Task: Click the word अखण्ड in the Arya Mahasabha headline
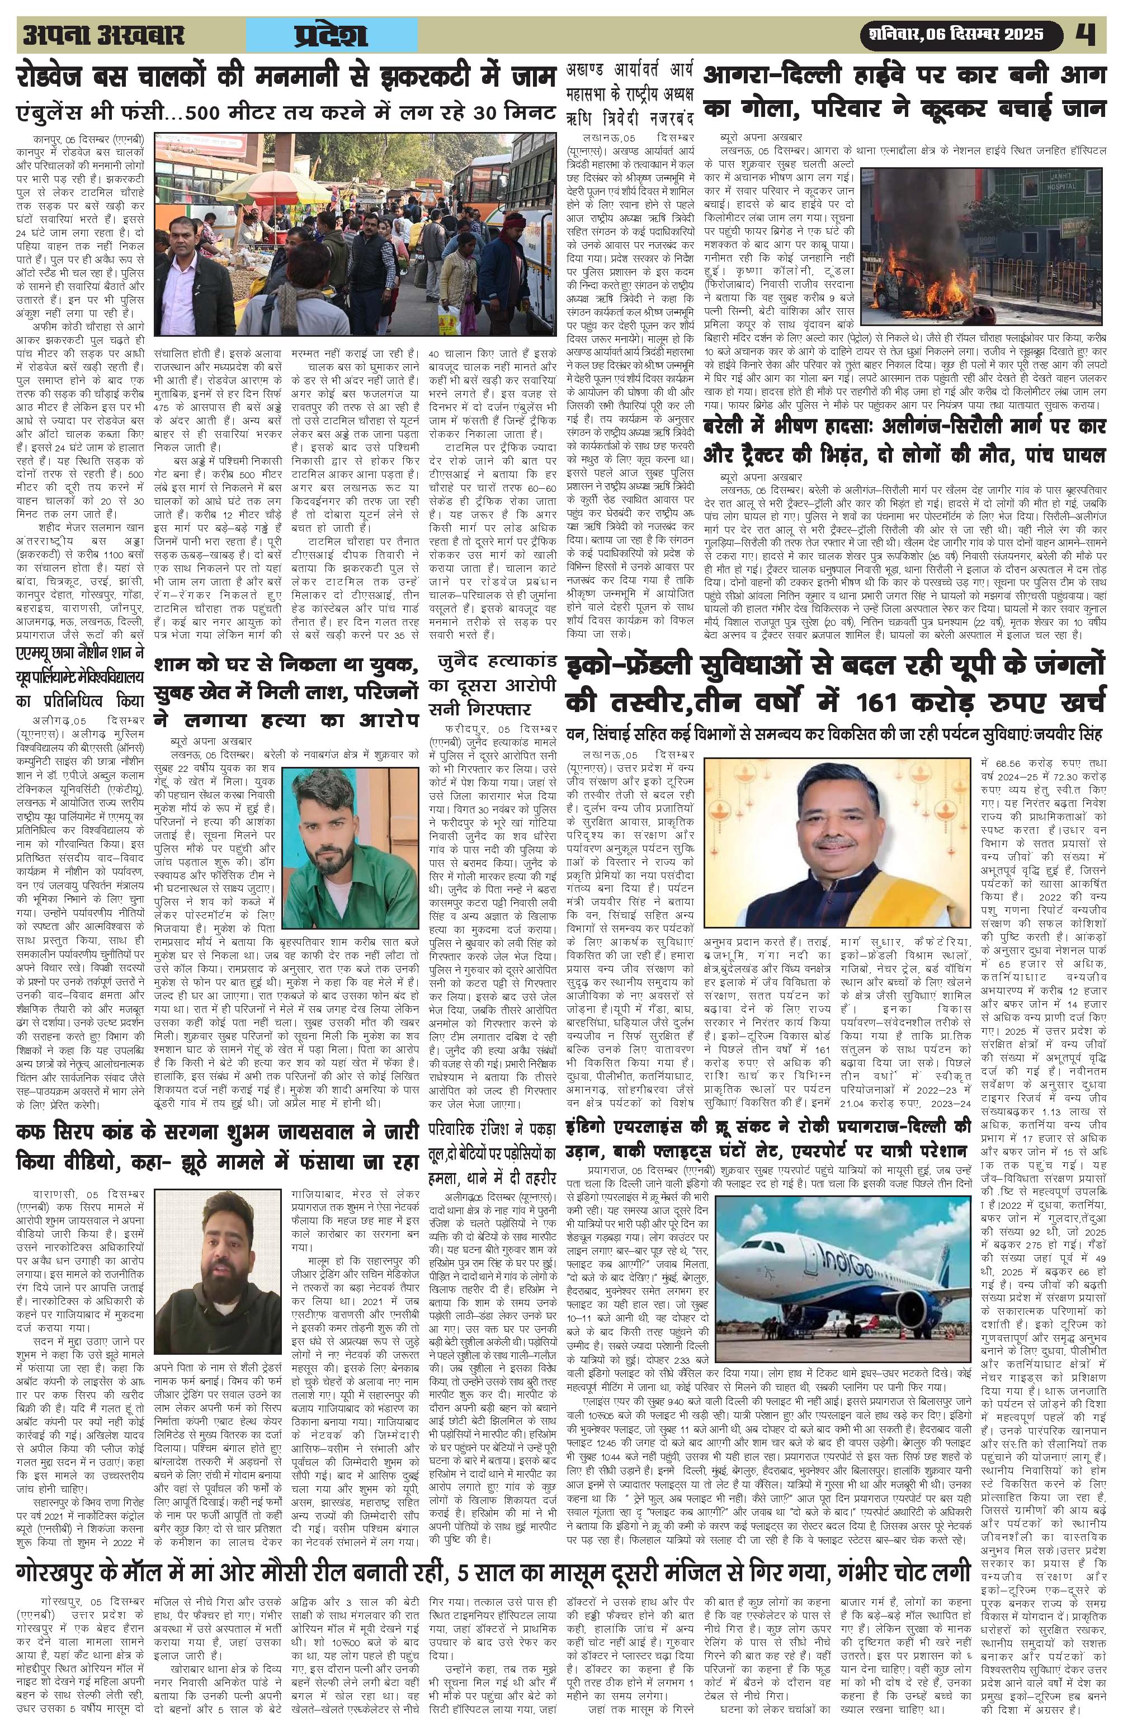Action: point(591,72)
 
